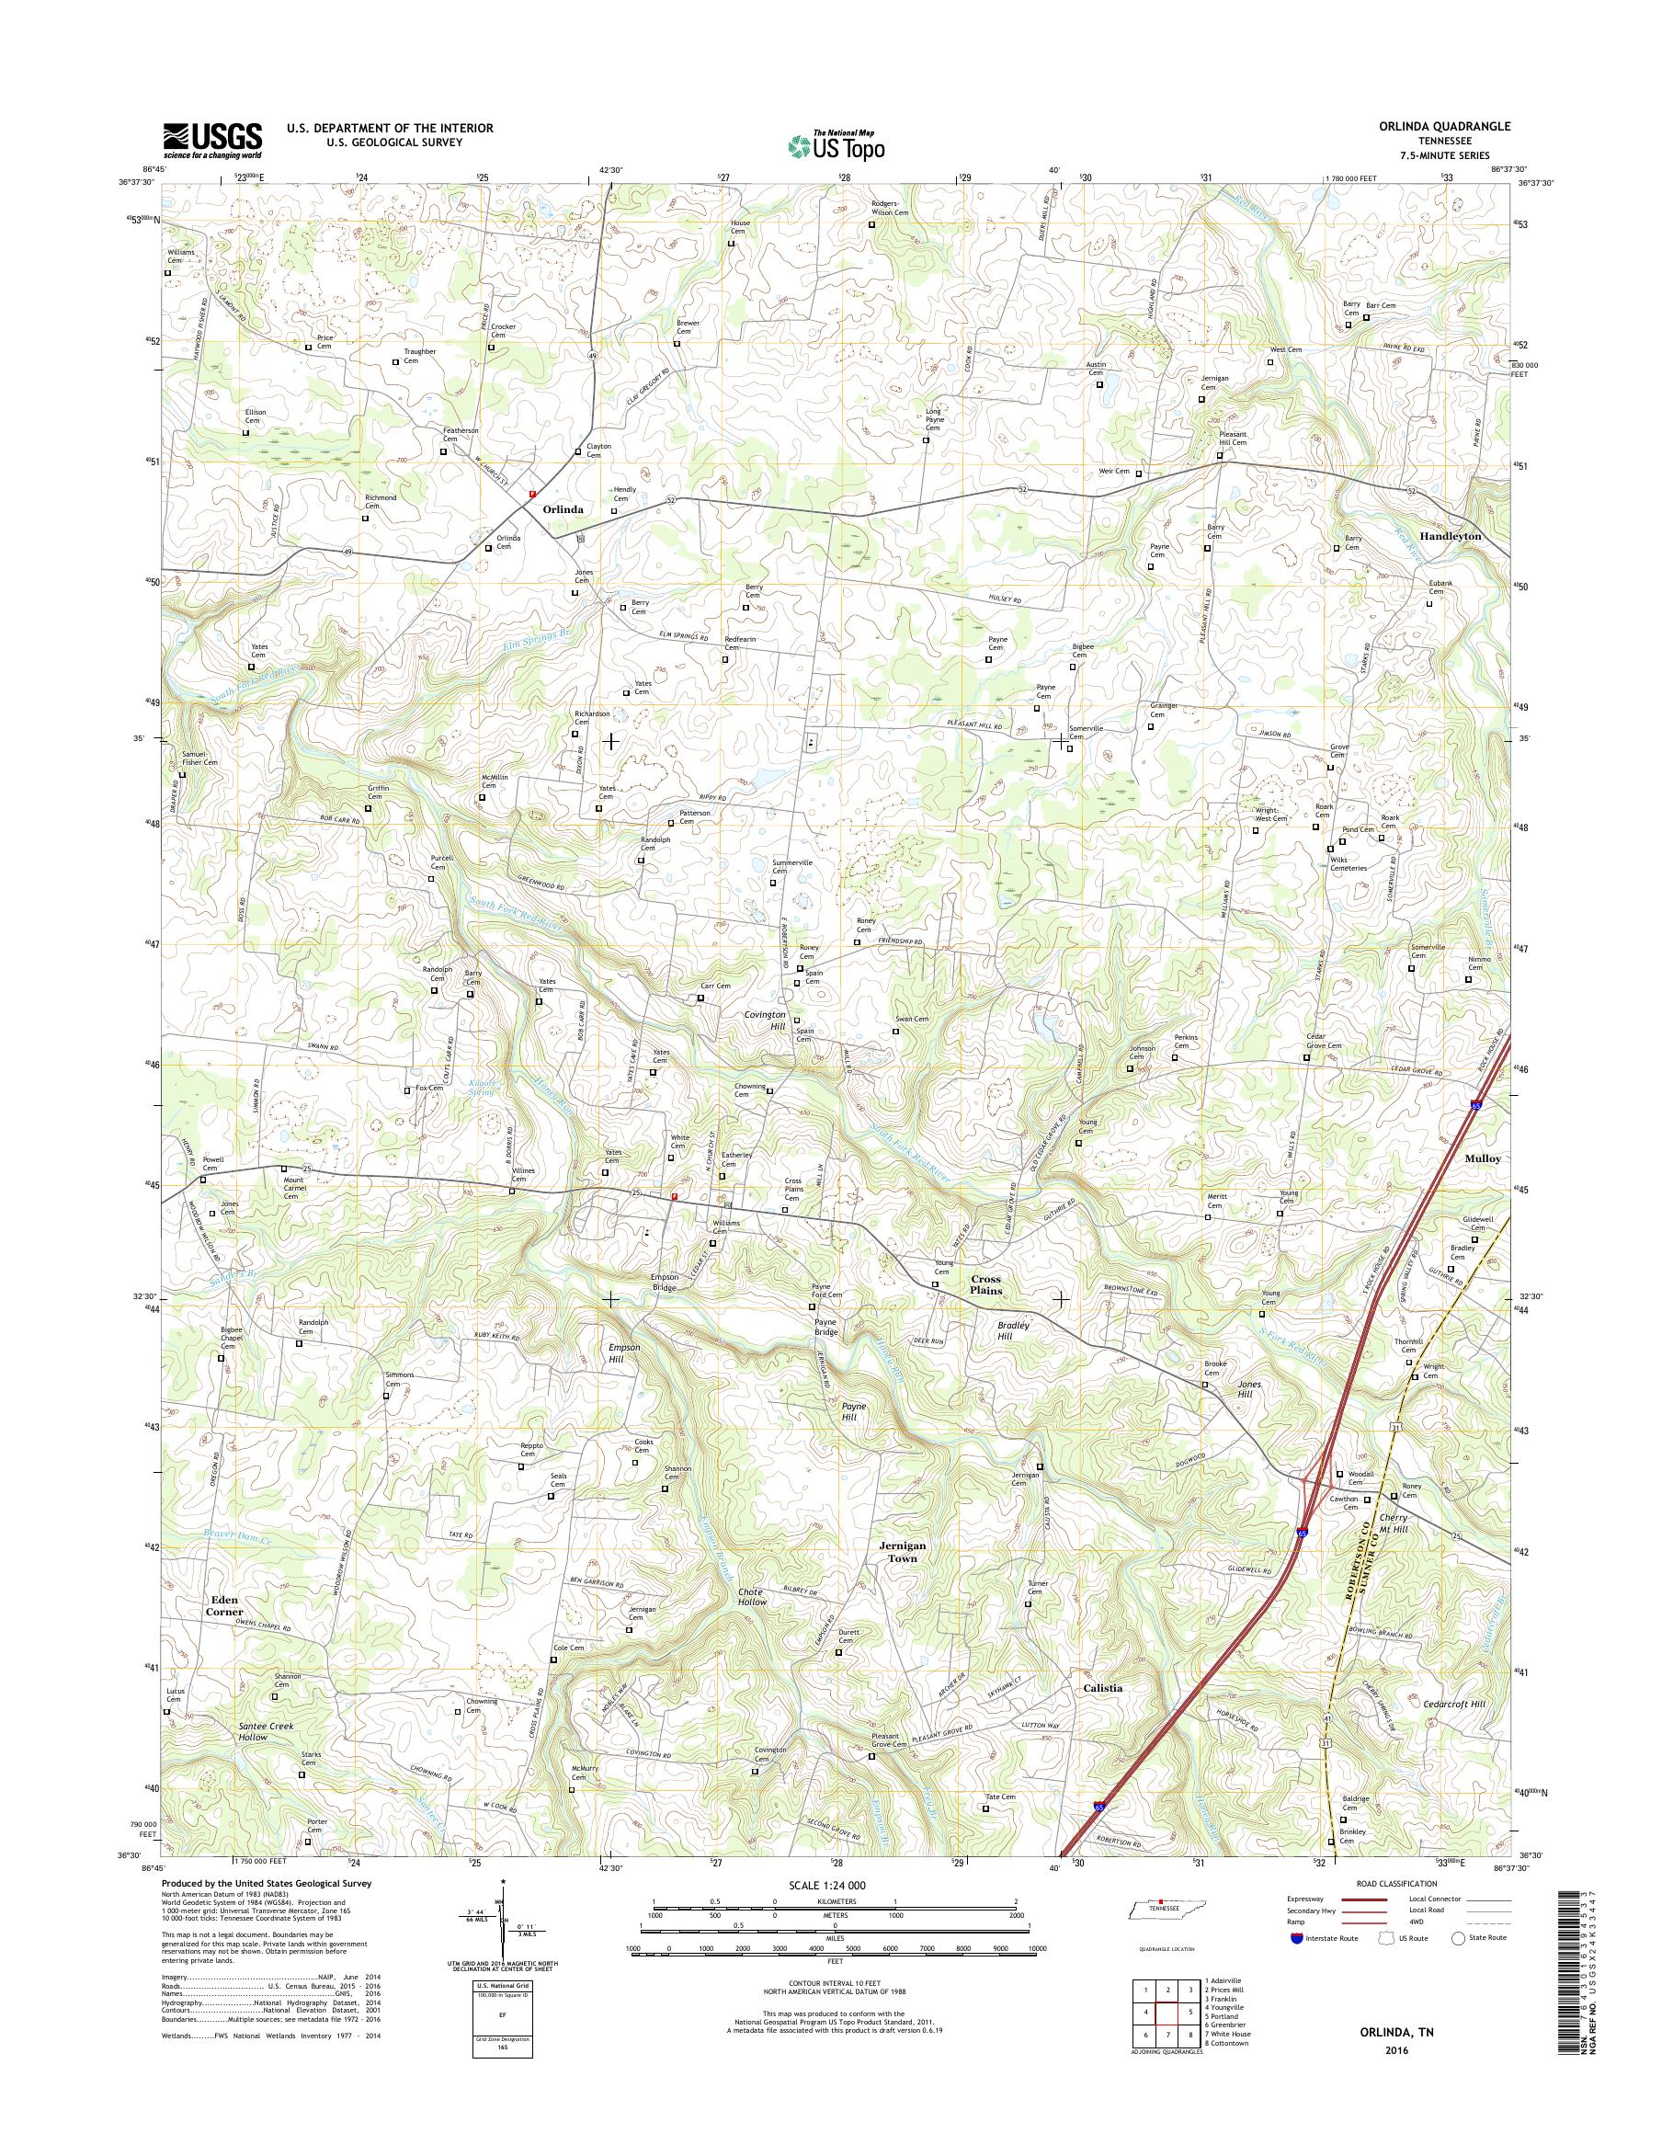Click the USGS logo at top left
click(x=212, y=140)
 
